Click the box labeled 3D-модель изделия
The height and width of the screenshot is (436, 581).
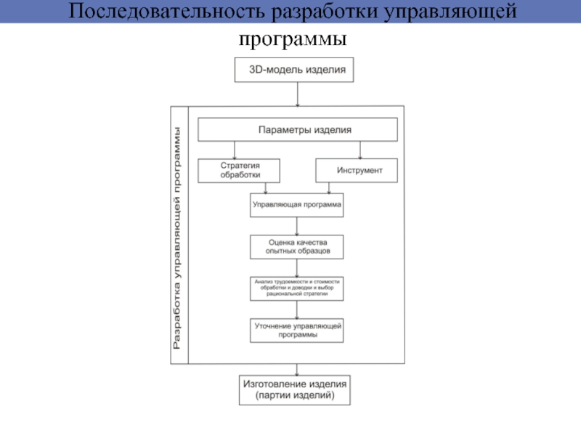(296, 70)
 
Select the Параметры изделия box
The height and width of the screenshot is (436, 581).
(298, 129)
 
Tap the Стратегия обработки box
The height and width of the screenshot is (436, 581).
(240, 171)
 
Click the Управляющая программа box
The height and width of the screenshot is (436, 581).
(296, 206)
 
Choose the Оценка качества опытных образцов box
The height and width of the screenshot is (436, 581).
(296, 246)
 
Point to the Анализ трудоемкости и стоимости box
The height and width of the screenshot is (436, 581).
(296, 288)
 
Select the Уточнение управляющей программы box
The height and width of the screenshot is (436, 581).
(296, 331)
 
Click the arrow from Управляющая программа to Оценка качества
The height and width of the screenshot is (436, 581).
(296, 226)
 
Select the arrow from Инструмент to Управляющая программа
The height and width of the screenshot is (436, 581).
(330, 187)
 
